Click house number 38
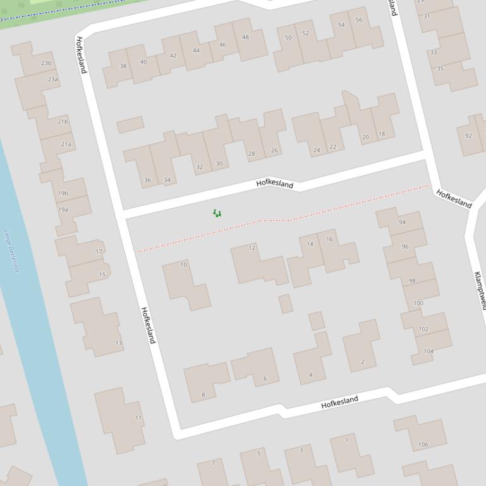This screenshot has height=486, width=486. tap(123, 66)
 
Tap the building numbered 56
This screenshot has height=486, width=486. tap(359, 20)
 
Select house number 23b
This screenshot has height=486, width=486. tap(46, 63)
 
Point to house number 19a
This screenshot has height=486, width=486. tap(63, 210)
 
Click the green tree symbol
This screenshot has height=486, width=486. tap(217, 213)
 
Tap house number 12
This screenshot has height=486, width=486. tap(252, 248)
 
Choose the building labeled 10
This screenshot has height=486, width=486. tap(184, 264)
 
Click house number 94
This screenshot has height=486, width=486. tap(402, 222)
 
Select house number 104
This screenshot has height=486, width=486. tap(428, 352)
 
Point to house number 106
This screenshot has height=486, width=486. tap(423, 444)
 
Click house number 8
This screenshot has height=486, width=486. tap(203, 395)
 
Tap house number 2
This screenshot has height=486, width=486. tap(362, 362)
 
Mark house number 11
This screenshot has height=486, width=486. tap(138, 417)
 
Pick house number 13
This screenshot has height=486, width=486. tap(118, 343)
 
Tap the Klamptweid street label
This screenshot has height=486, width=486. tap(480, 290)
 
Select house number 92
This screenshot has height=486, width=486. tap(468, 136)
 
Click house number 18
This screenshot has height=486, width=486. tap(382, 134)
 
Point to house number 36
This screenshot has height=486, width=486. tap(147, 181)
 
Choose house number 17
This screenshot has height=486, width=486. tap(99, 252)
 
